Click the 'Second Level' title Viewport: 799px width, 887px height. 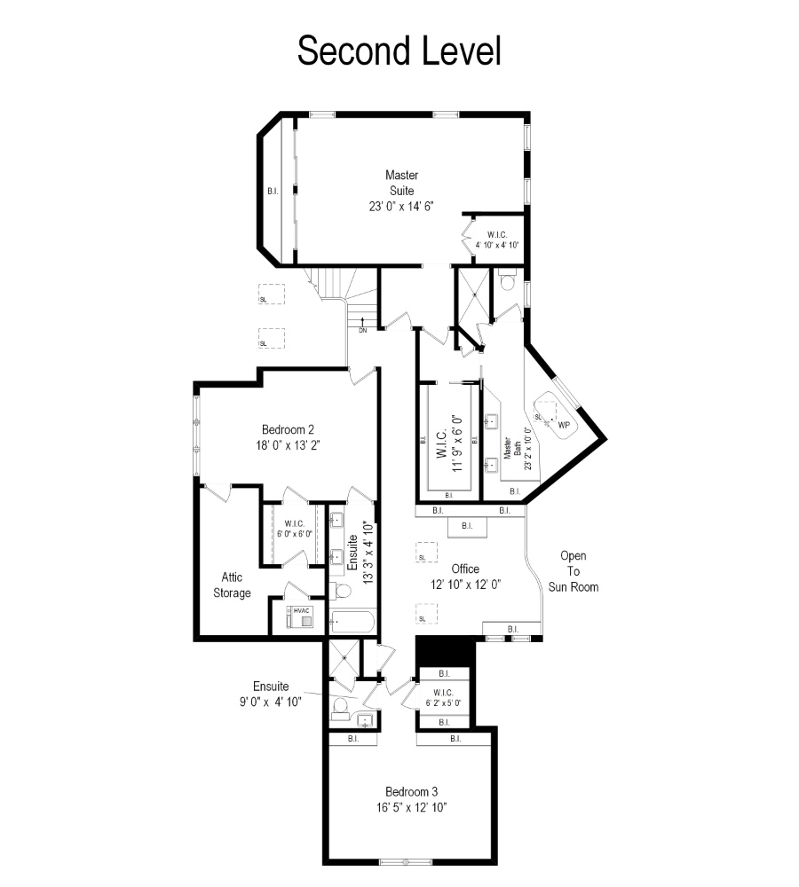(399, 51)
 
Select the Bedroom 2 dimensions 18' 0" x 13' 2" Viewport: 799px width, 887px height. (288, 445)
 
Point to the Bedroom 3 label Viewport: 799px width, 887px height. (411, 791)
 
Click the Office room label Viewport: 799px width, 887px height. (465, 569)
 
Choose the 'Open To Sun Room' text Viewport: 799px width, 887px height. (573, 571)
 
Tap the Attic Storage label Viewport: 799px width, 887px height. (233, 585)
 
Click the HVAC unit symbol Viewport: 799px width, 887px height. (299, 616)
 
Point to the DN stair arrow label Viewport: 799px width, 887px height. (362, 330)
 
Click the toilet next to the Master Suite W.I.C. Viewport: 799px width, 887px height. (507, 280)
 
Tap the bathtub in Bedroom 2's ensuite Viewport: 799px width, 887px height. (352, 621)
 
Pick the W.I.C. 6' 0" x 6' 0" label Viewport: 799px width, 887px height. (295, 529)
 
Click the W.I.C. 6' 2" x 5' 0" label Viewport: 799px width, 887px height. (443, 697)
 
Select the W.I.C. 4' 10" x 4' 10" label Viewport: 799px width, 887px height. (496, 239)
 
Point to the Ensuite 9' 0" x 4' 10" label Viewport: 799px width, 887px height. (271, 695)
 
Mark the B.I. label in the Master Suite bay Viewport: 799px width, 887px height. (273, 192)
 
